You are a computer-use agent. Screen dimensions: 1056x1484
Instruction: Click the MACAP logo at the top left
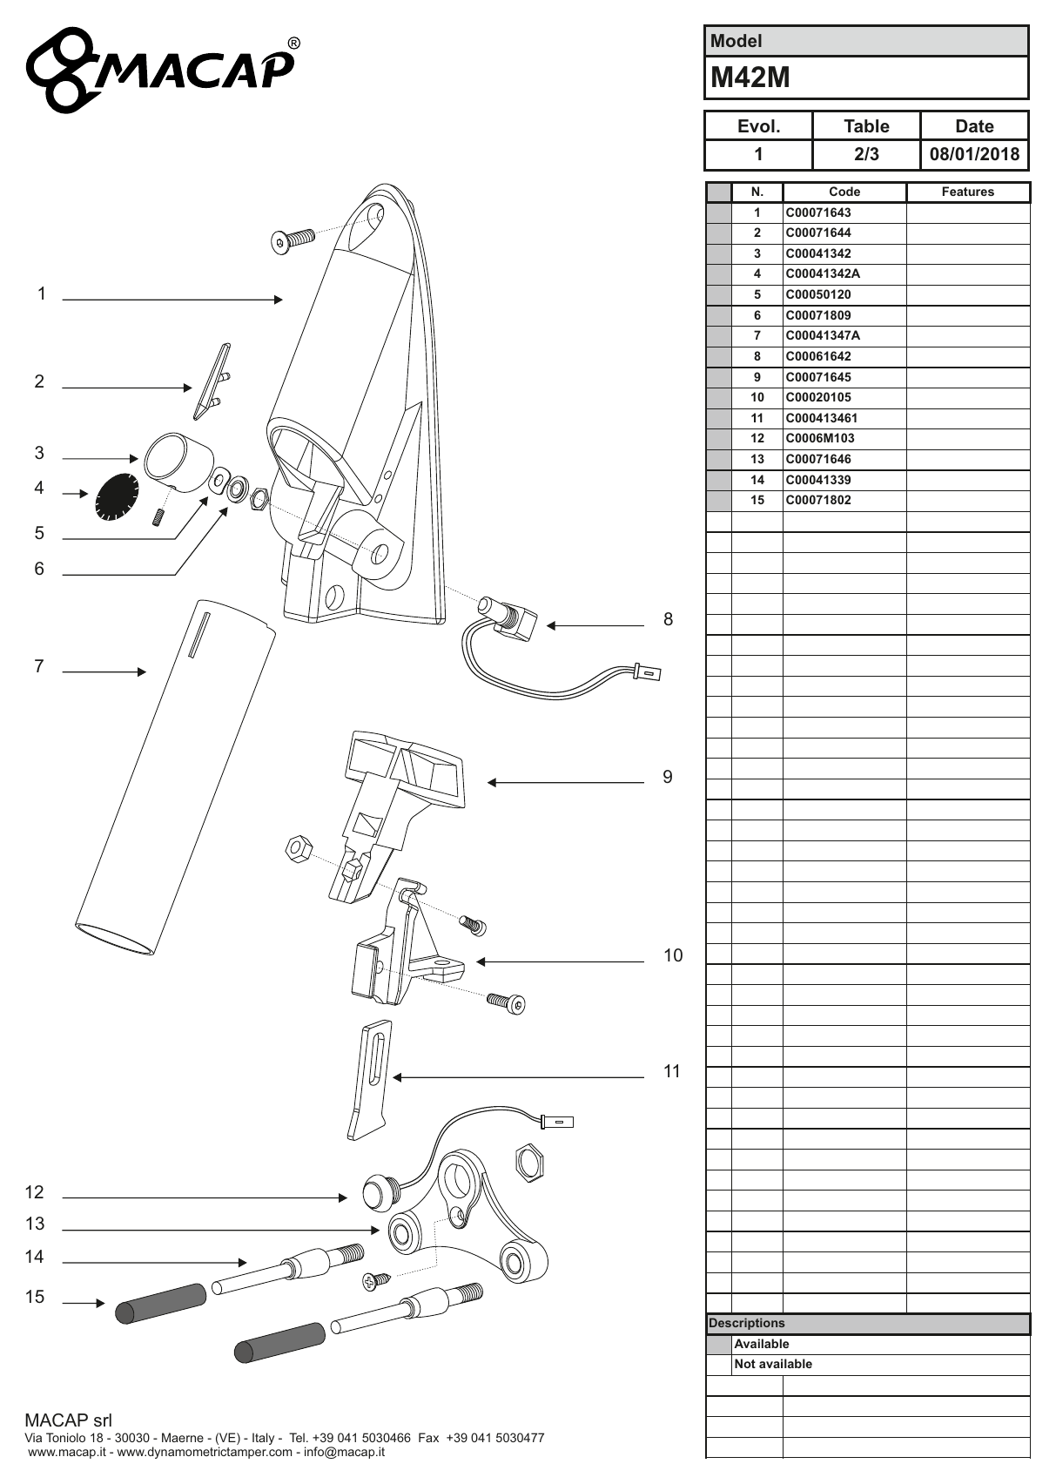(162, 69)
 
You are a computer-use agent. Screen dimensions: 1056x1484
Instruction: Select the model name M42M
(750, 78)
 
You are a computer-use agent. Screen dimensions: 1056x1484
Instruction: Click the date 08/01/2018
(974, 154)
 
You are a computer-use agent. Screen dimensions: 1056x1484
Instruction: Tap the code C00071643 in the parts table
(818, 212)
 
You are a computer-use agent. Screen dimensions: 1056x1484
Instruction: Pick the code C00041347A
(823, 335)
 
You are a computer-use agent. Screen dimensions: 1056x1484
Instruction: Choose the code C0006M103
(820, 438)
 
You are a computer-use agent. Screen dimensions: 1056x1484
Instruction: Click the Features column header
(968, 192)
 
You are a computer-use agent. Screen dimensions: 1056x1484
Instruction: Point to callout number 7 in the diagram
(39, 666)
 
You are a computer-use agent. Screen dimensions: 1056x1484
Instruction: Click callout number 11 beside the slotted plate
(672, 1071)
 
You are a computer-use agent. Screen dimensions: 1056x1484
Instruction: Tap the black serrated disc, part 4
(118, 496)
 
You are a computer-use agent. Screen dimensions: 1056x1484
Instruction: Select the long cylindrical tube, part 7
(176, 777)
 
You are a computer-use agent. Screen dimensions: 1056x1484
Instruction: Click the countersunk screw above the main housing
(293, 239)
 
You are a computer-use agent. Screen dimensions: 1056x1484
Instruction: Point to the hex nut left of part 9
(298, 848)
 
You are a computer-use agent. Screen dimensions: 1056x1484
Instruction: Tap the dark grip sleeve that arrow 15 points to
(160, 1303)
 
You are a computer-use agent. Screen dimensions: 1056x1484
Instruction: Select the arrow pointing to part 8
(595, 625)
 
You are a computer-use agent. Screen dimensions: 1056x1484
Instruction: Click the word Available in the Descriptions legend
(762, 1344)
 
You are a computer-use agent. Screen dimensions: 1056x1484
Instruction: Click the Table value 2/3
(866, 154)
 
